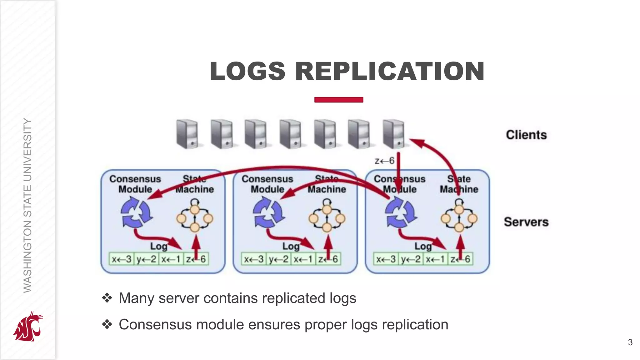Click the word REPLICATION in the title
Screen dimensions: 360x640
click(x=390, y=72)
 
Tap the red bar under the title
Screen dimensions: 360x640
click(x=339, y=100)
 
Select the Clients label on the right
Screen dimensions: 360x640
click(x=526, y=135)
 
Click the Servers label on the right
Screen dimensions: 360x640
click(x=526, y=222)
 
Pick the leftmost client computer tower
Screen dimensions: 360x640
click(x=187, y=134)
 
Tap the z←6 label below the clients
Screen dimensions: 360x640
click(x=384, y=161)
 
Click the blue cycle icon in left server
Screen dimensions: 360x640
click(x=136, y=212)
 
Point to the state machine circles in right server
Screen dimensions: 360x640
click(x=459, y=218)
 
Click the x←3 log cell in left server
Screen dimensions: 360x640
click(x=122, y=259)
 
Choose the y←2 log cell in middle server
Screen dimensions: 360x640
click(x=278, y=259)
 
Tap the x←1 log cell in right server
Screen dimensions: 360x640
click(x=435, y=259)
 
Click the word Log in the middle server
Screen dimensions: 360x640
click(x=291, y=246)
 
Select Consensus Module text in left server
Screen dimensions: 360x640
click(x=135, y=184)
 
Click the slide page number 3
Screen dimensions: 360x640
click(x=630, y=342)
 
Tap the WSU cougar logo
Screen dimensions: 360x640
click(x=28, y=327)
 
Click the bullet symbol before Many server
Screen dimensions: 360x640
click(x=107, y=298)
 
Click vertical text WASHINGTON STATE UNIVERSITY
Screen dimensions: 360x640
click(x=28, y=205)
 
